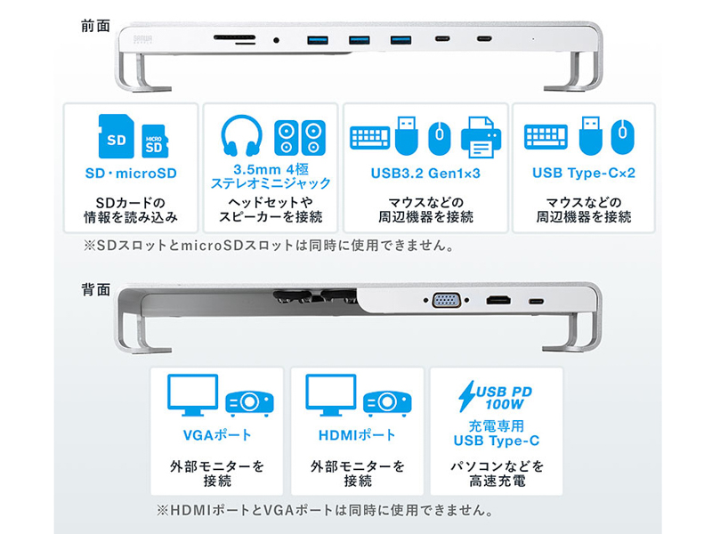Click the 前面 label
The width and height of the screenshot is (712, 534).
point(95,26)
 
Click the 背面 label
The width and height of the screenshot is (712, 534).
point(95,289)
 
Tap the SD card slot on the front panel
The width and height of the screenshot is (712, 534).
point(234,37)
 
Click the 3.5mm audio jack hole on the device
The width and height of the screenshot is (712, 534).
point(276,40)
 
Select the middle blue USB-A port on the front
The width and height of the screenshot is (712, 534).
point(360,40)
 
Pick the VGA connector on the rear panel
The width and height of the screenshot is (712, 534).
point(447,300)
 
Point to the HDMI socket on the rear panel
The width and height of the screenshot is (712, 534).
point(498,300)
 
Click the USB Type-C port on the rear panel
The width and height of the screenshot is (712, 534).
point(537,301)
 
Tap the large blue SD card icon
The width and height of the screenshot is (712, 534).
point(117,136)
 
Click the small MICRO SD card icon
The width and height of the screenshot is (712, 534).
point(155,142)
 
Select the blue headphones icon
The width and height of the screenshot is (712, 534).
point(241,136)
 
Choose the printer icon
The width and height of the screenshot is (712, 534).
point(481,138)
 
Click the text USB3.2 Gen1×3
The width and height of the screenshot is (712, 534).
point(425,174)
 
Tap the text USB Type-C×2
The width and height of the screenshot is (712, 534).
point(584,173)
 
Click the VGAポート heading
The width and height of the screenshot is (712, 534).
point(217,435)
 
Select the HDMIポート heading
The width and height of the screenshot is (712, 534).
point(357,435)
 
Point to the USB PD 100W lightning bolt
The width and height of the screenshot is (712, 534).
point(466,396)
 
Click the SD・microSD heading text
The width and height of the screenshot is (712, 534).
point(131,174)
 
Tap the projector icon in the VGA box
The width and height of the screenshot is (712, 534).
point(249,402)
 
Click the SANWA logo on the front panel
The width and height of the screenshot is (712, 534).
point(143,39)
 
